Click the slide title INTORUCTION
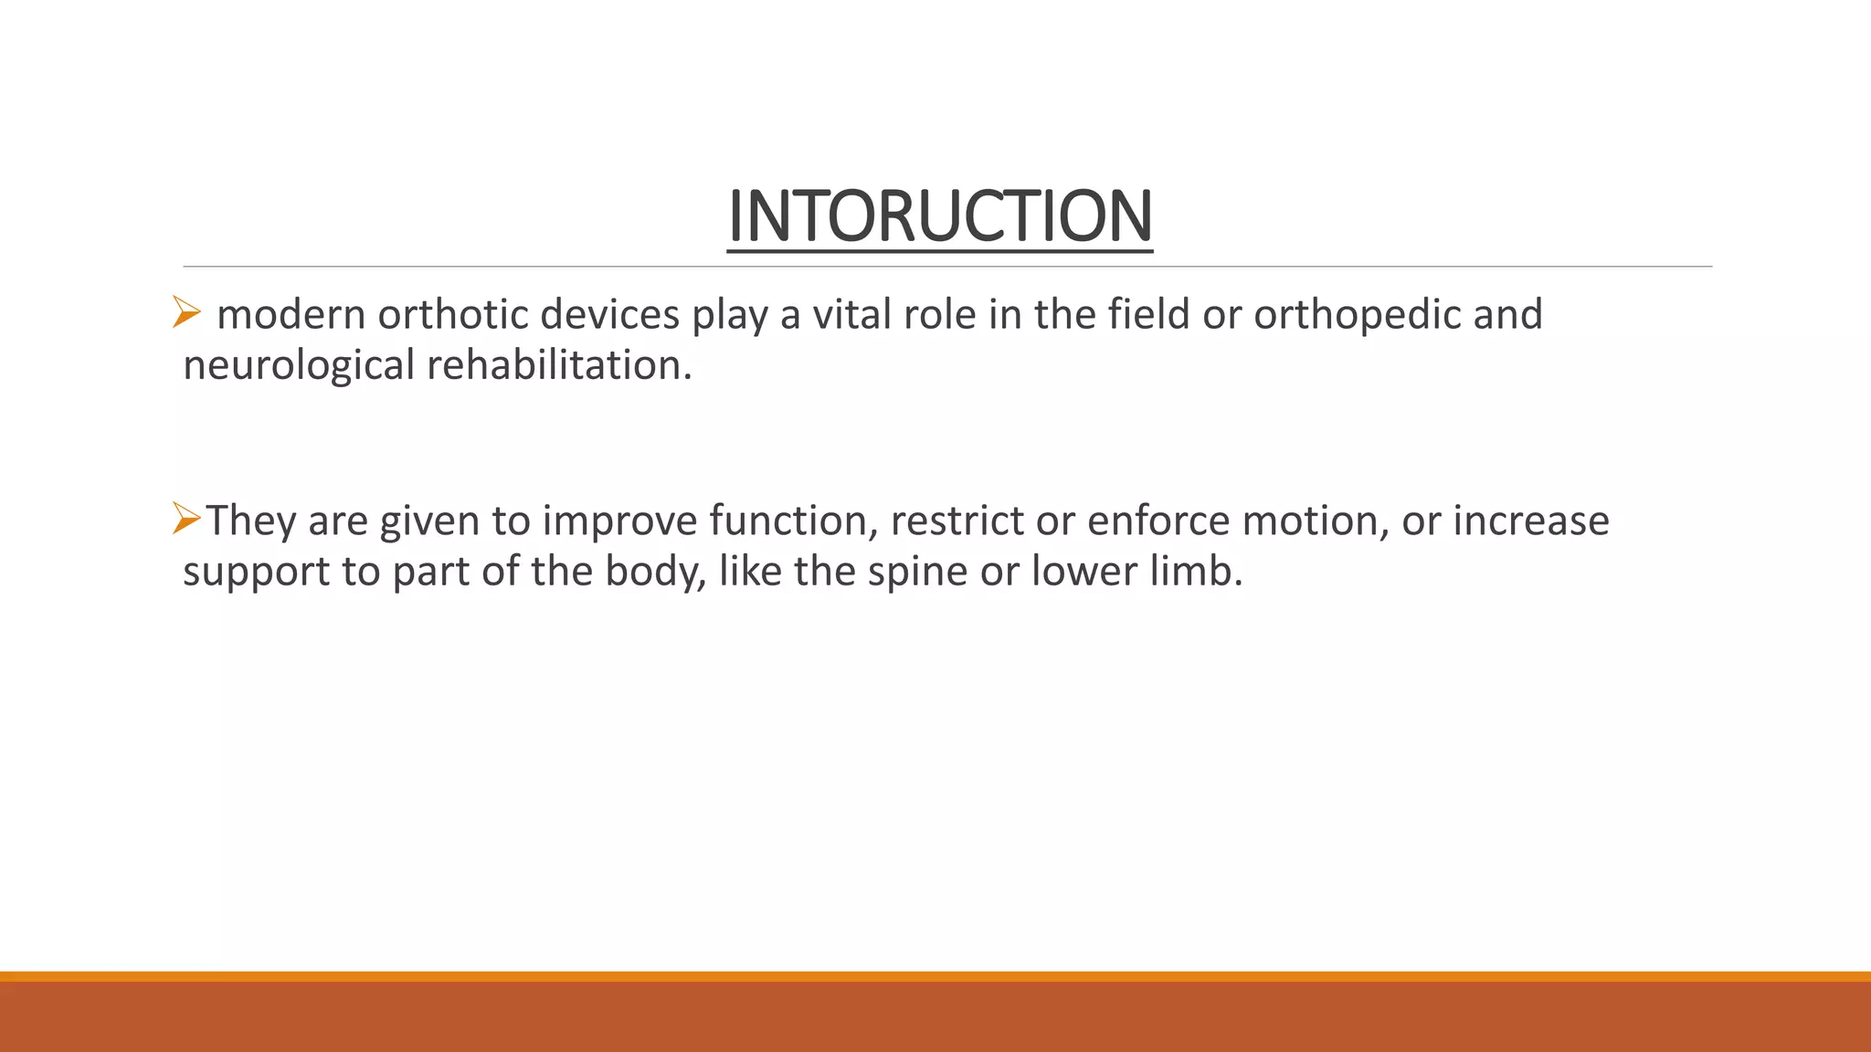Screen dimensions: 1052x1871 tap(939, 216)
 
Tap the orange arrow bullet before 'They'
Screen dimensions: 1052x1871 tap(185, 519)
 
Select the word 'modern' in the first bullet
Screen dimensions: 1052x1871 tap(291, 315)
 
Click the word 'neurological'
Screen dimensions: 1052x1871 tap(299, 365)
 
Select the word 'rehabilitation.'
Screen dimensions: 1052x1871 tap(559, 365)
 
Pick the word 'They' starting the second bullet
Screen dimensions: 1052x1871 tap(251, 521)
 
